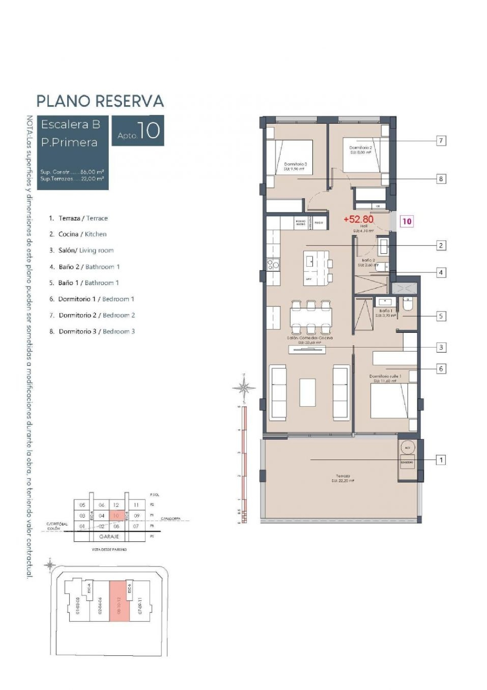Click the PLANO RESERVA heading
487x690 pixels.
click(x=100, y=101)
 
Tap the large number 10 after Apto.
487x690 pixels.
click(x=148, y=131)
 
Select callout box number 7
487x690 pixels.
click(x=441, y=141)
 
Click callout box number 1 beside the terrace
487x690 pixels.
click(x=441, y=460)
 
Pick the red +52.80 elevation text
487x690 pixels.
click(x=358, y=219)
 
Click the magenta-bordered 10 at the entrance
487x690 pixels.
click(x=406, y=221)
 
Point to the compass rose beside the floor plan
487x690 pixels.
click(x=244, y=387)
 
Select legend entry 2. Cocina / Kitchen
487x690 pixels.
click(x=78, y=234)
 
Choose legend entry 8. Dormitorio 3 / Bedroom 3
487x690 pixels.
click(x=92, y=332)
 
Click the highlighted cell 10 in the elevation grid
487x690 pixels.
click(x=116, y=516)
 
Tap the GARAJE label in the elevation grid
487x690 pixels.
click(x=109, y=536)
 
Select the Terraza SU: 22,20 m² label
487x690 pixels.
click(x=343, y=478)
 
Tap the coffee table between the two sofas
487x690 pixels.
click(x=307, y=392)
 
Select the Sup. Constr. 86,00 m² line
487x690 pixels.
click(x=72, y=172)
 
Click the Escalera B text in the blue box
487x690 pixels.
click(x=70, y=124)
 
